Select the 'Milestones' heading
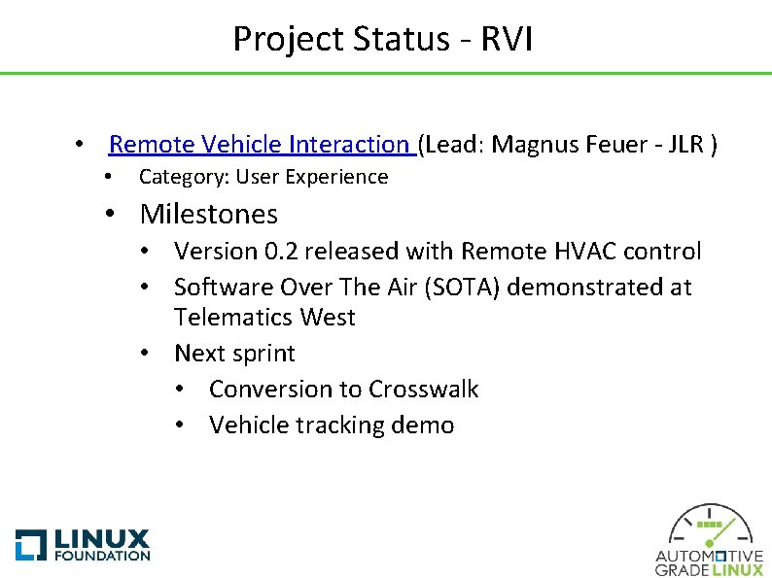point(209,214)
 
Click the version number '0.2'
point(283,251)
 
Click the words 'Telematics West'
point(264,317)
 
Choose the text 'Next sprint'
point(234,353)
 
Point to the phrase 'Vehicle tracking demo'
point(332,425)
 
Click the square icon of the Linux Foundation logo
point(31,544)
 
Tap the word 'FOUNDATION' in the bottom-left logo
point(102,556)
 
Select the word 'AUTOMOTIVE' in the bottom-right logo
point(710,557)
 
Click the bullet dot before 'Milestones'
point(113,215)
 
